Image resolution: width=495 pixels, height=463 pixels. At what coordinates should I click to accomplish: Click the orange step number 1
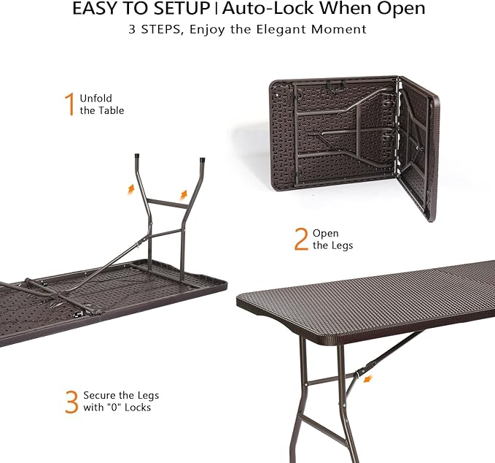click(70, 104)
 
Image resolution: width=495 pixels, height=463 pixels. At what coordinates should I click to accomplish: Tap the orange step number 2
click(301, 240)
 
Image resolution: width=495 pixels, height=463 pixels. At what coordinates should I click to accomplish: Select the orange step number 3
click(71, 402)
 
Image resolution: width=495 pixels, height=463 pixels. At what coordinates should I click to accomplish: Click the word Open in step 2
click(325, 233)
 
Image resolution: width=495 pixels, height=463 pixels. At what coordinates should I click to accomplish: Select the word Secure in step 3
click(100, 395)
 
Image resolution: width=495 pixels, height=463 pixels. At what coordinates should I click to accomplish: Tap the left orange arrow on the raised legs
click(131, 188)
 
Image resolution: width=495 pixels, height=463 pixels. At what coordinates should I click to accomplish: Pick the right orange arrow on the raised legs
click(184, 194)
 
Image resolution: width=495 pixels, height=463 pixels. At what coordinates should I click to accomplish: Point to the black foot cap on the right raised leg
click(202, 161)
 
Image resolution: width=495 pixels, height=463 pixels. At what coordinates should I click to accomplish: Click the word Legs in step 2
click(343, 245)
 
